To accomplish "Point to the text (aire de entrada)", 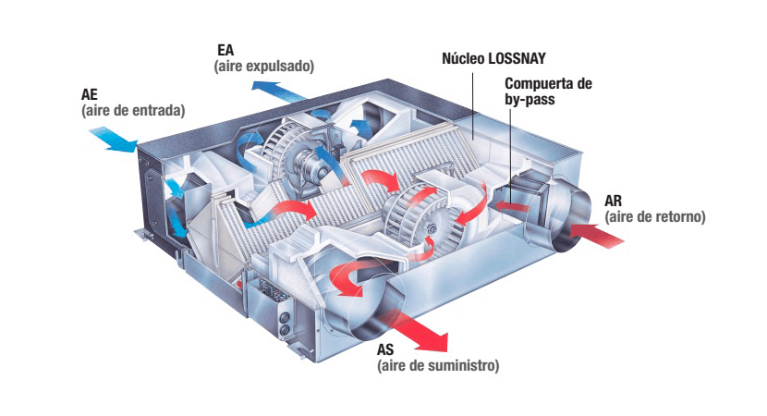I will coord(135,110).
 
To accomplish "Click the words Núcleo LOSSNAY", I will coord(501,57).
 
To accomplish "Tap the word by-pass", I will coord(530,100).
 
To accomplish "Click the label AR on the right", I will coord(615,201).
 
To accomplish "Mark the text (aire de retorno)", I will coord(655,217).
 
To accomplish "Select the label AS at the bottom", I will coord(387,350).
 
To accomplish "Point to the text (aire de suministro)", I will coord(438,367).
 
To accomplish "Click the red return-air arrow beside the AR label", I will coord(598,233).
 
